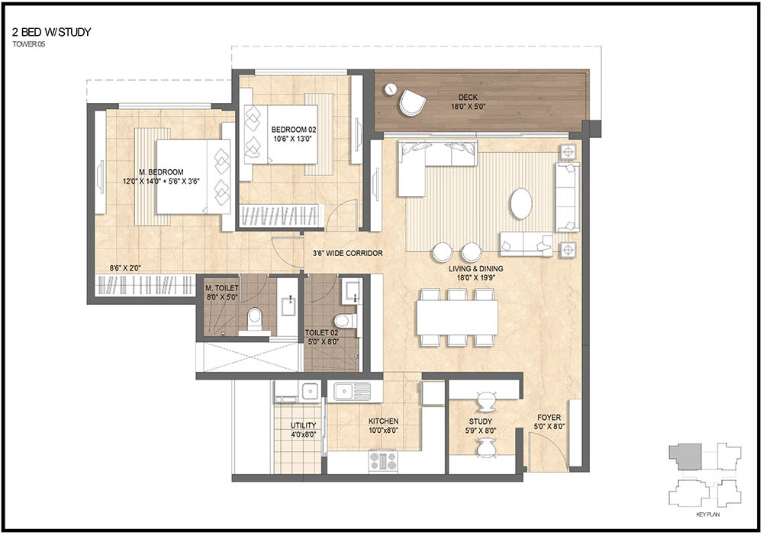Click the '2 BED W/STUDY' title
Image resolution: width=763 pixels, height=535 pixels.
pyautogui.click(x=51, y=32)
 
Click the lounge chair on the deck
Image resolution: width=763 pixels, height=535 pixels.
pyautogui.click(x=413, y=101)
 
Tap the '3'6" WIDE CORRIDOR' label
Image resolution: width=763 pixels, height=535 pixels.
pyautogui.click(x=347, y=253)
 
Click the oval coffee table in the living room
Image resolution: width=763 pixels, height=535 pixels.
pyautogui.click(x=521, y=203)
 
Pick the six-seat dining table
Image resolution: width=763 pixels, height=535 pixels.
pyautogui.click(x=457, y=316)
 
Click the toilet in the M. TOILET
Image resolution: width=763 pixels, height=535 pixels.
pyautogui.click(x=256, y=318)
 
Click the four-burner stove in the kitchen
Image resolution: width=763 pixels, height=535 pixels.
pyautogui.click(x=383, y=460)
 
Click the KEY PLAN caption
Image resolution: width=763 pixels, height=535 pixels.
pyautogui.click(x=708, y=515)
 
